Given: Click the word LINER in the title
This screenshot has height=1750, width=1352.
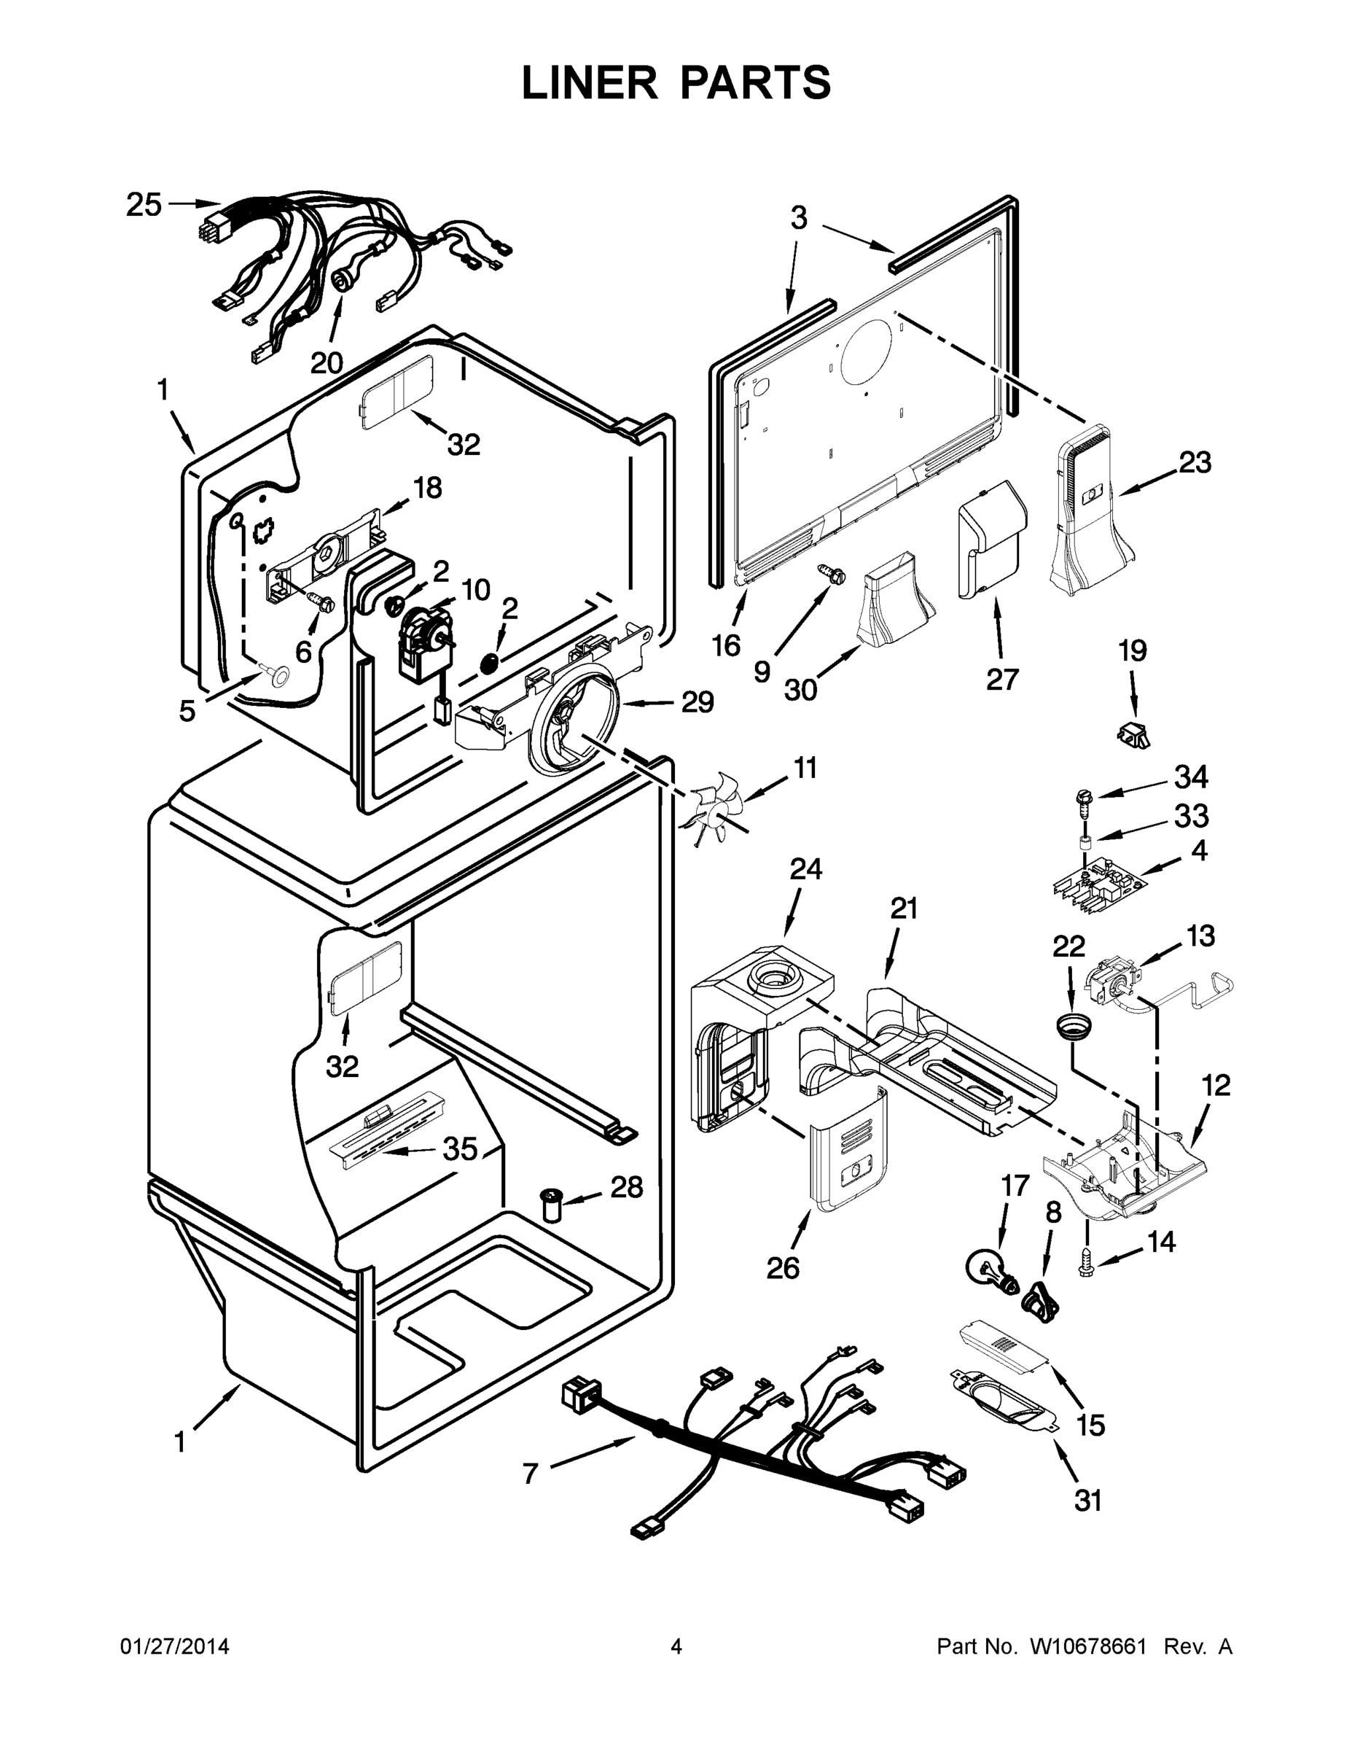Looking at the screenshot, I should pos(589,83).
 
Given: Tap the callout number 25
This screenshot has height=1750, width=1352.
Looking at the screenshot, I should pos(144,205).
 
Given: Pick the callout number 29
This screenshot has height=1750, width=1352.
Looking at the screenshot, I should pos(697,703).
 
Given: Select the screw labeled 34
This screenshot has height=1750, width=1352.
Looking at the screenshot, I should pos(1083,803).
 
